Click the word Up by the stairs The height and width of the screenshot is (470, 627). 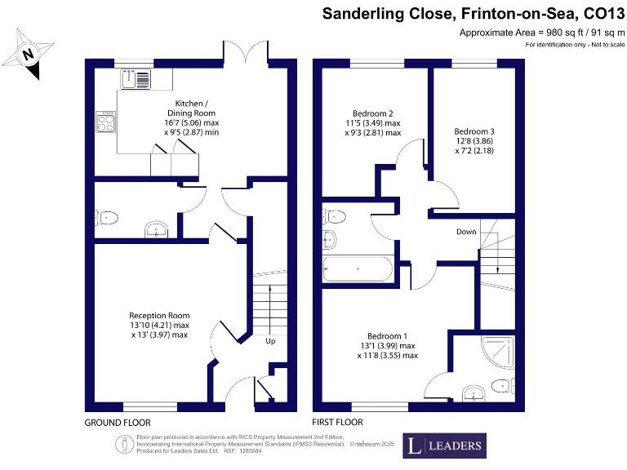tap(270, 340)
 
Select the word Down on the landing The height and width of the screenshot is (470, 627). tap(466, 232)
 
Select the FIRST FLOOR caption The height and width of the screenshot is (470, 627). tap(338, 423)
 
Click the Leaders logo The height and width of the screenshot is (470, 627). tap(444, 446)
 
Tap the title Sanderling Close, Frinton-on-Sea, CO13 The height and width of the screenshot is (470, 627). tap(472, 13)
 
